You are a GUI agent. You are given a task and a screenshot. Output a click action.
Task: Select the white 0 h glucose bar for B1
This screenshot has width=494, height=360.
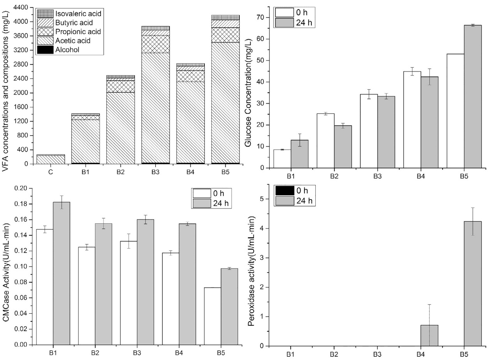[x=282, y=159]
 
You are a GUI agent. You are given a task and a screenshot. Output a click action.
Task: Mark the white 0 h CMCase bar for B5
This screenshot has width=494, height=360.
[x=213, y=316]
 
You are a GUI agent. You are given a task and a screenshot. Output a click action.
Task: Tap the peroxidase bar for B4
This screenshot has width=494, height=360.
[x=429, y=335]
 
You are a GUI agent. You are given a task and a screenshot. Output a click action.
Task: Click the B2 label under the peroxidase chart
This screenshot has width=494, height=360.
[x=334, y=354]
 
